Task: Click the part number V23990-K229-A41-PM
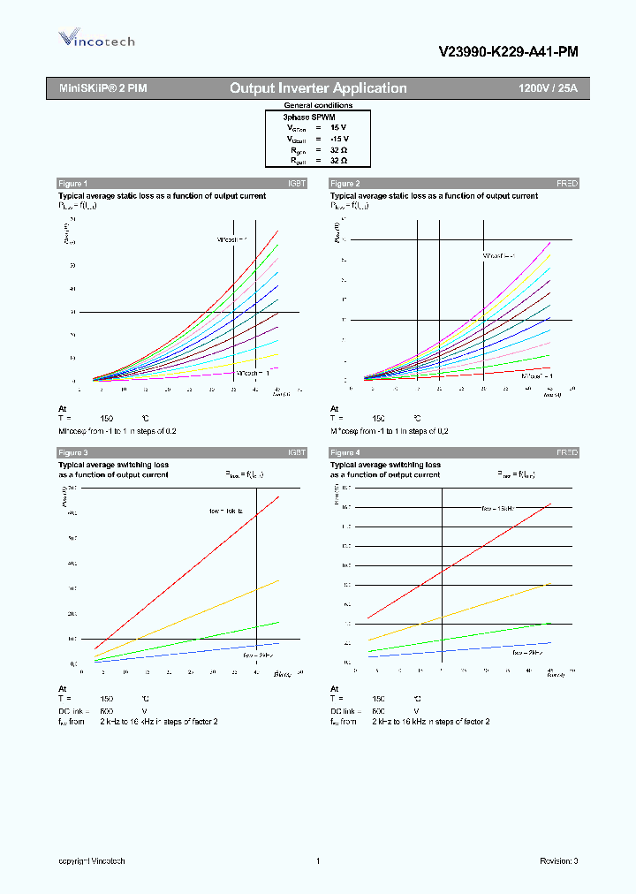(508, 52)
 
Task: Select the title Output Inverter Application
(318, 88)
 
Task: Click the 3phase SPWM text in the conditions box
(308, 117)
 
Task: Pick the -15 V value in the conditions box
(339, 139)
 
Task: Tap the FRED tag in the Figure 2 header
(566, 183)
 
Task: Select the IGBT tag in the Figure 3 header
(296, 452)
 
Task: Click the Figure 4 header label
(344, 452)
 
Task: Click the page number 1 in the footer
(316, 860)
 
